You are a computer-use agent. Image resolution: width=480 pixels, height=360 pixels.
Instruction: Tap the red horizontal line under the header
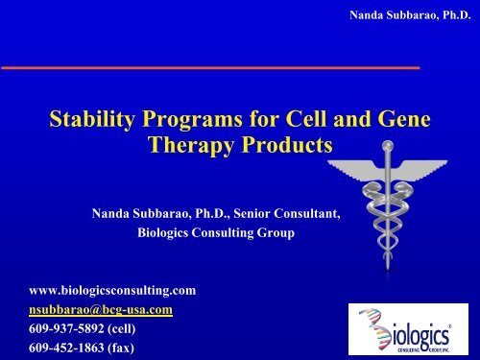point(211,68)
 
